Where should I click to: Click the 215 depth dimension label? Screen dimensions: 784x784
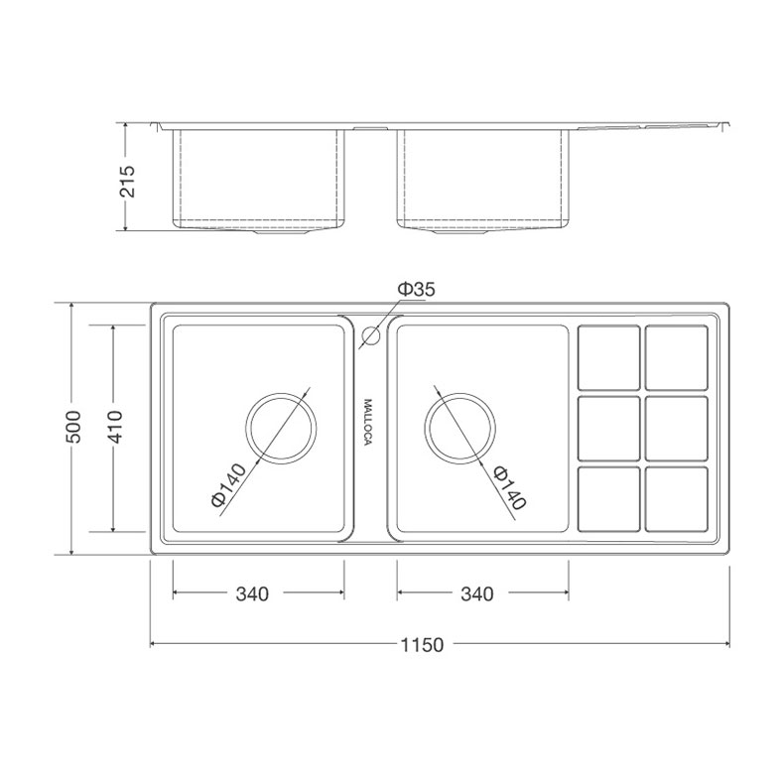pos(128,181)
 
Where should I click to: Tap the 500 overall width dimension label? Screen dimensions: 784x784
pos(73,427)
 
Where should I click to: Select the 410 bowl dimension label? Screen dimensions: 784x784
pos(114,427)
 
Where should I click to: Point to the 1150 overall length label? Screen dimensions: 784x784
pos(422,645)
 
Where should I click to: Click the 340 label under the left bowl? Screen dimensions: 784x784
pos(252,594)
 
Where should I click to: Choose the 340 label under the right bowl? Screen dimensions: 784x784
pos(477,594)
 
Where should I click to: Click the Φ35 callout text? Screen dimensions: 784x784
pos(416,289)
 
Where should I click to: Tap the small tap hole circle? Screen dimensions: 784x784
pos(371,336)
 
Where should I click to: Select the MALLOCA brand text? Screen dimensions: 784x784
pos(368,423)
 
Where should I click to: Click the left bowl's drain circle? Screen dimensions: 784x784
pos(281,394)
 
